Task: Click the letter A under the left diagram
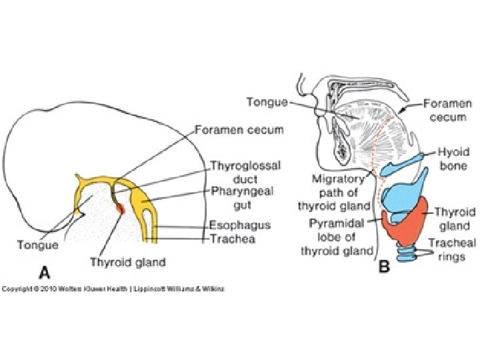(45, 271)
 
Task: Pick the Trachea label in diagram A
(234, 238)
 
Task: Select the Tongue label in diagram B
(267, 102)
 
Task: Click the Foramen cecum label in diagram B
(448, 111)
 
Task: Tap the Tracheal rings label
(451, 250)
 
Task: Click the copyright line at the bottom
(113, 289)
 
